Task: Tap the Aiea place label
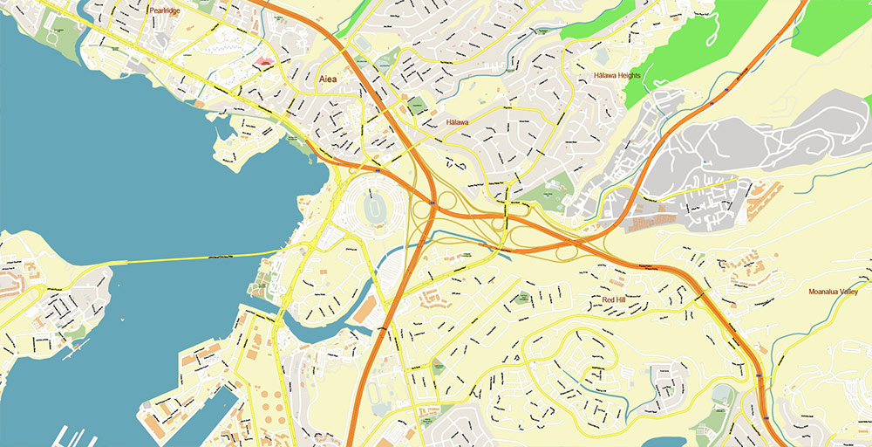click(x=328, y=79)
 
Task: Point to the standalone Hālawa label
click(x=457, y=122)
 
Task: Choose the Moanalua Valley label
click(x=838, y=292)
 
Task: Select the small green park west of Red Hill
click(x=523, y=298)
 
